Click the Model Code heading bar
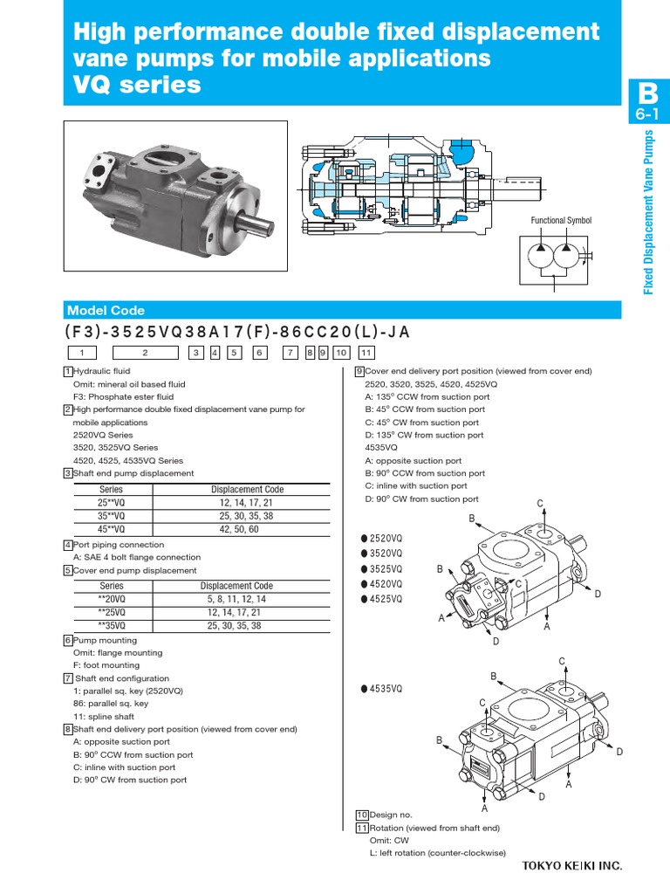click(343, 311)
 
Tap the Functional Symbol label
click(561, 221)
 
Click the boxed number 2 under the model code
click(146, 353)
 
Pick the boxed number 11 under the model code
click(366, 353)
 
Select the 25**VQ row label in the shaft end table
click(112, 503)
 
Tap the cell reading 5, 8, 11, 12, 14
click(236, 600)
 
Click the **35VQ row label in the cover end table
click(112, 625)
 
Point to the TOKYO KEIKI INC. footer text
click(572, 866)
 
